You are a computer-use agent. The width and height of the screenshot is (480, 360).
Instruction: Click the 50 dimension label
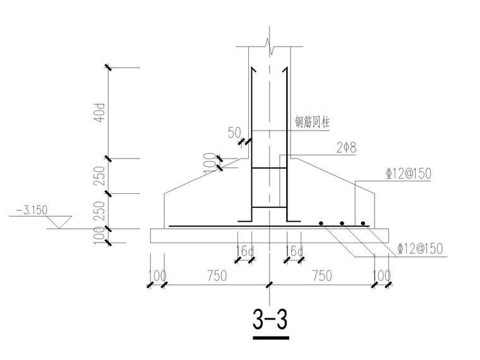point(235,133)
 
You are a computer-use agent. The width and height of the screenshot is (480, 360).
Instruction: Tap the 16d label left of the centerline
point(244,252)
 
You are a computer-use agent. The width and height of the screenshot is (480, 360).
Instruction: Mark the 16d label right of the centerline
point(294,252)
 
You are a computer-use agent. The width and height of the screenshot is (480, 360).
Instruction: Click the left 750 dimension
point(217,276)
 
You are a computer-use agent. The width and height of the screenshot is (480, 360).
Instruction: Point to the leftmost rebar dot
point(321,223)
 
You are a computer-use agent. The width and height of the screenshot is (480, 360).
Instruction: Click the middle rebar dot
point(342,223)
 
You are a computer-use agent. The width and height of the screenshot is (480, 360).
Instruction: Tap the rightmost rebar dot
point(363,223)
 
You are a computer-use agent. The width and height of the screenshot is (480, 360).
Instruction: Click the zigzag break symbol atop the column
point(270,46)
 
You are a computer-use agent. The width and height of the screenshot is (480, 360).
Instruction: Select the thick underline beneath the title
point(270,339)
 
